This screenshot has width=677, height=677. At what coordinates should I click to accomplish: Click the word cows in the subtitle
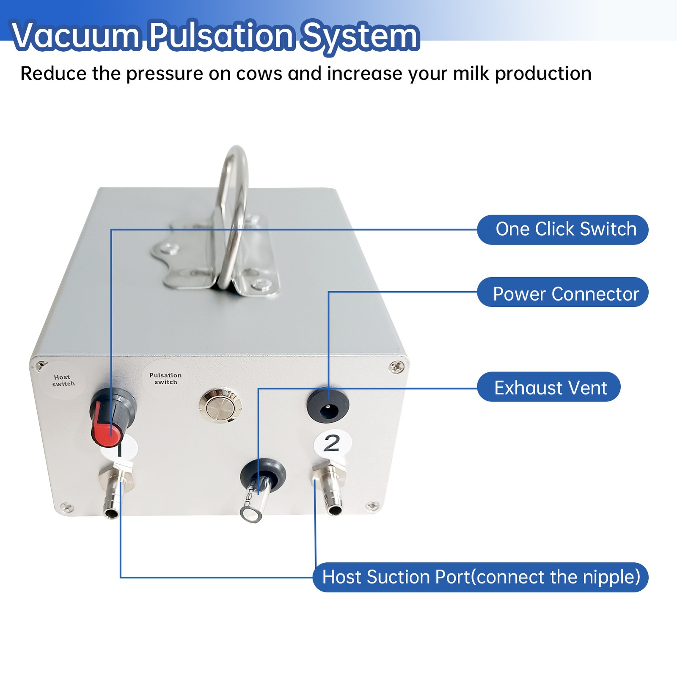[259, 74]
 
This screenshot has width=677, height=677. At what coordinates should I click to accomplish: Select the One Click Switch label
[563, 230]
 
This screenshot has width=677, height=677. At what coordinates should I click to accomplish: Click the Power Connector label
[563, 294]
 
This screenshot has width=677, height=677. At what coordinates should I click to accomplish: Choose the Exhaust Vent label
[549, 388]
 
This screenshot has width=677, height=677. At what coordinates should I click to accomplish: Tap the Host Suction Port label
[480, 577]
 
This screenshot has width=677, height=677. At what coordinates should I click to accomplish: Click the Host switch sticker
[63, 380]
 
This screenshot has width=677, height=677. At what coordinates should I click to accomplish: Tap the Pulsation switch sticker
[165, 378]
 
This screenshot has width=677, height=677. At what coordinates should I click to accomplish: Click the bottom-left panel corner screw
[66, 506]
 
